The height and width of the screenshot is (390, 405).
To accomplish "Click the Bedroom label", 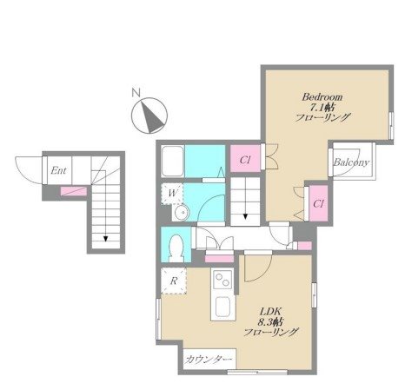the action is point(322,96).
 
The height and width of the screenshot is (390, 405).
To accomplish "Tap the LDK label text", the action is point(270,312).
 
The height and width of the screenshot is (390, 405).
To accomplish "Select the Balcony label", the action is point(351,162).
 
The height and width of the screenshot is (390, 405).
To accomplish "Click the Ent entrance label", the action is point(58,170).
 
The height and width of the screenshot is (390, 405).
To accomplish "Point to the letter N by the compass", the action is point(136,93).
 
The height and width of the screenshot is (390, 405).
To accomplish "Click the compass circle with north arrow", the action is point(149,116).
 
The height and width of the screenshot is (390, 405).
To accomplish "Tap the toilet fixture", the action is point(176,248).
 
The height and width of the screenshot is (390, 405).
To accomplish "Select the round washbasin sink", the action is point(182,213).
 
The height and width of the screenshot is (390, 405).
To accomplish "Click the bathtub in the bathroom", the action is point(173,162).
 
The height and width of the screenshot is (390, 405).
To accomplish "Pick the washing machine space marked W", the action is point(172,194).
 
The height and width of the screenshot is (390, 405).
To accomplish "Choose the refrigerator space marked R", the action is point(174,281).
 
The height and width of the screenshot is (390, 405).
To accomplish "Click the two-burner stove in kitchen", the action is point(223,280).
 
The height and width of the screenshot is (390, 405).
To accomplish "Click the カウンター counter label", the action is point(209,360).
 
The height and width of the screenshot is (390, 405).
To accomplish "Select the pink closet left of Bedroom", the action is point(245,159).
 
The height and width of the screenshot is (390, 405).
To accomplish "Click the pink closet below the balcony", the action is point(318,203).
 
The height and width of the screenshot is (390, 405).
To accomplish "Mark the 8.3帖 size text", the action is point(270,321).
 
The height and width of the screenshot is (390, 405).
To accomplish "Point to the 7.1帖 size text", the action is point(322,108).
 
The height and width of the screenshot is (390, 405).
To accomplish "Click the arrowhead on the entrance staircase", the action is point(106,239).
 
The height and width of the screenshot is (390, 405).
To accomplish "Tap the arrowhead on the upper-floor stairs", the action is point(245,216).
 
